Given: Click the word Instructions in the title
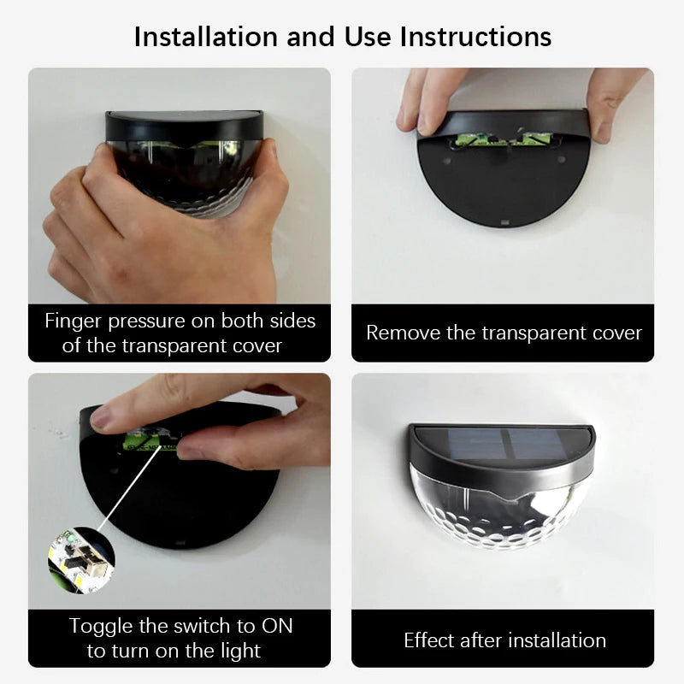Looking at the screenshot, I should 476,37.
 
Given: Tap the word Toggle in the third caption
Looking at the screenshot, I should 101,626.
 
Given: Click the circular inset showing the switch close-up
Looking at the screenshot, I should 80,560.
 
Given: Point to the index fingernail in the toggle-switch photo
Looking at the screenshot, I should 101,418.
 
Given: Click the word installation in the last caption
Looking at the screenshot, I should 556,640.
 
